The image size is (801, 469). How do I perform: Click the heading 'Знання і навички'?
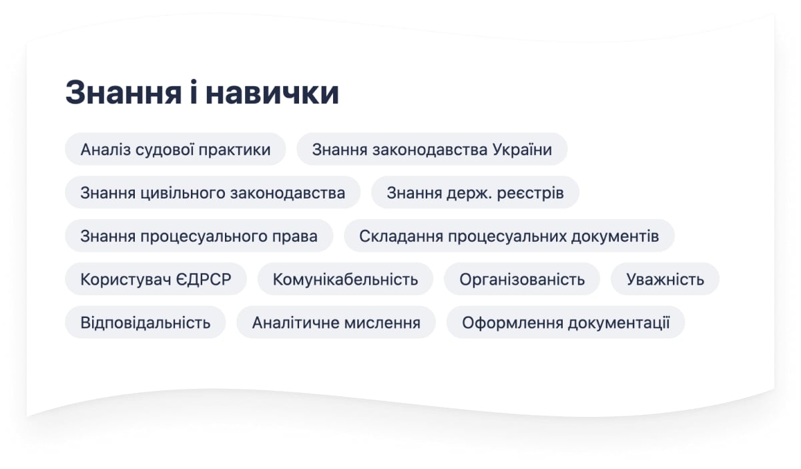tap(202, 93)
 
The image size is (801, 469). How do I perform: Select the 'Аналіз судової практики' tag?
tap(175, 149)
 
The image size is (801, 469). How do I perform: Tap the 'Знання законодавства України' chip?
tap(432, 149)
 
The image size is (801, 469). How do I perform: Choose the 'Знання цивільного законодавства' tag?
tap(213, 192)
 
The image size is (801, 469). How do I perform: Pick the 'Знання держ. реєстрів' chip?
tap(475, 192)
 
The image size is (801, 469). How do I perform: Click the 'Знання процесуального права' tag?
tap(199, 236)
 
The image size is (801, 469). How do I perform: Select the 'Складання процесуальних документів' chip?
tap(509, 236)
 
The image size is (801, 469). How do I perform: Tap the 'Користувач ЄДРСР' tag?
tap(156, 279)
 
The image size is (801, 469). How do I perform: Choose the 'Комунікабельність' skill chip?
tap(346, 279)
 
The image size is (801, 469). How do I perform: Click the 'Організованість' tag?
tap(522, 279)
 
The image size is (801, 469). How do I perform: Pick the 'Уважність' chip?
tap(665, 279)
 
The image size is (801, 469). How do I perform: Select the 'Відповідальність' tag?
tap(146, 323)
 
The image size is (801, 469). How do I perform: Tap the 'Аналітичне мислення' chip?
tap(336, 323)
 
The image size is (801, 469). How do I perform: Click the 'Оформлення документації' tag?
tap(566, 323)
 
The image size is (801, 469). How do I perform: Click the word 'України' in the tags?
tap(522, 149)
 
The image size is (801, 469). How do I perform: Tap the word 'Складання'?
tap(401, 237)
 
